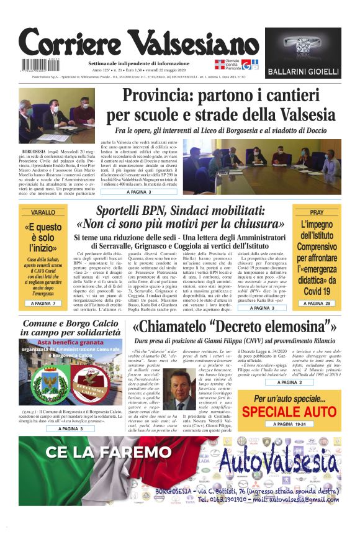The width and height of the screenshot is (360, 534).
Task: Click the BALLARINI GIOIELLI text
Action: tap(303, 72)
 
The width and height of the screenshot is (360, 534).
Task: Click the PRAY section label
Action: tap(317, 212)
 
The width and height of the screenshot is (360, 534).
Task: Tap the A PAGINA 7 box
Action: tap(43, 303)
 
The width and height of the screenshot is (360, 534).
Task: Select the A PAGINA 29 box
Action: tap(317, 303)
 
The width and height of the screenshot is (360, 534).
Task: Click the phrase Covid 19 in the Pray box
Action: tap(317, 290)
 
